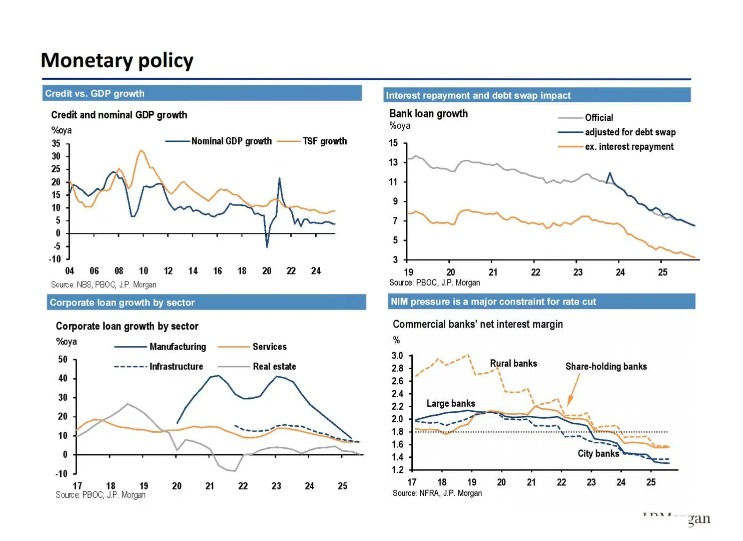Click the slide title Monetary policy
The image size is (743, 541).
117,61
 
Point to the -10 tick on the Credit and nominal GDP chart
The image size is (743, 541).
55,259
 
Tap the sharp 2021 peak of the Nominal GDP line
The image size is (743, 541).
279,179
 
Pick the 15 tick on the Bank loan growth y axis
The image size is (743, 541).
394,143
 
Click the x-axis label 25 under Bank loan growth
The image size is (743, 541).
662,273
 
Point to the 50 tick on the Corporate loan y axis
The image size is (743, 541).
63,359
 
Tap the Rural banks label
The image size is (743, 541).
513,364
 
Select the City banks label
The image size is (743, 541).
598,454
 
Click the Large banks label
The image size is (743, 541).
450,404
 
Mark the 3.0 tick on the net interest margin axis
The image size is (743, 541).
397,356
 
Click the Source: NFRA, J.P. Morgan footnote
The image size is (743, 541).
437,493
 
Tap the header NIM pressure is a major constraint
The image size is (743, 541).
493,302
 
